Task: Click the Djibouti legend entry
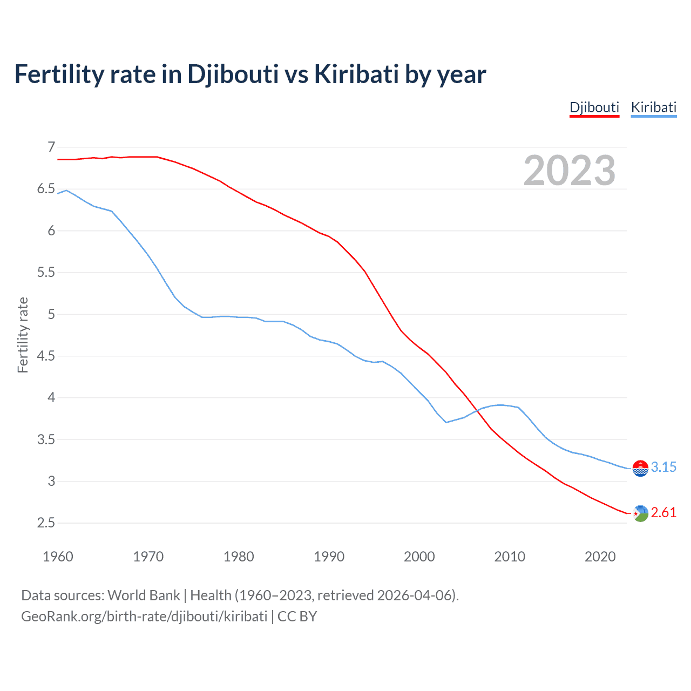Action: (x=594, y=107)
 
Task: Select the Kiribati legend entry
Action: (x=653, y=107)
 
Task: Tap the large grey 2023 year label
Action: (x=570, y=171)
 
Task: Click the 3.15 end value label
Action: (x=663, y=467)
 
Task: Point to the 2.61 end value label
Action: (x=663, y=512)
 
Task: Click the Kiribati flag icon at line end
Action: (x=640, y=468)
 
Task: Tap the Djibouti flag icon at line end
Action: (x=640, y=513)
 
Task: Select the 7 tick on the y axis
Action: (x=51, y=147)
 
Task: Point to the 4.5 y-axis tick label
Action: (x=46, y=356)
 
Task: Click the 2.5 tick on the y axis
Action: (x=46, y=523)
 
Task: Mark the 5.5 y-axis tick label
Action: (x=46, y=272)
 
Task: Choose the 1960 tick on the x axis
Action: (x=58, y=556)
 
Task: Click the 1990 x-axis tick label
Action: (x=329, y=556)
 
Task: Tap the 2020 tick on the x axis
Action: (x=600, y=556)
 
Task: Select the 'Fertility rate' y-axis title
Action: (x=23, y=335)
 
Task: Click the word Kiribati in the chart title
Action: (x=356, y=74)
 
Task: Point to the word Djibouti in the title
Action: (x=233, y=74)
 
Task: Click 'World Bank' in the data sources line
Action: (x=144, y=595)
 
